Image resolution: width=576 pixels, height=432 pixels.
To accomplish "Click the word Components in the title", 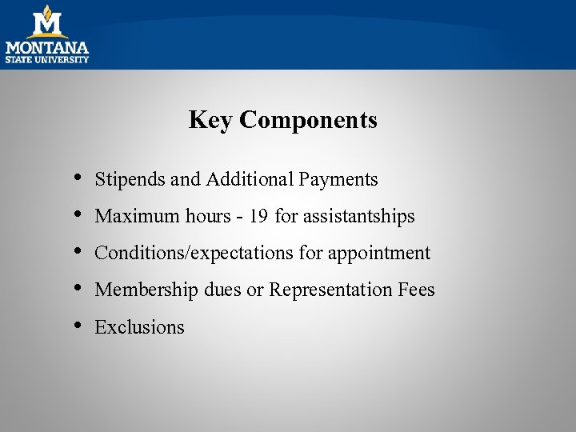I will (308, 121).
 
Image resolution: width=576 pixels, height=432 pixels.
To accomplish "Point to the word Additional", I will (250, 179).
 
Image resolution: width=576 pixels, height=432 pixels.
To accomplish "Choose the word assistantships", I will (358, 217).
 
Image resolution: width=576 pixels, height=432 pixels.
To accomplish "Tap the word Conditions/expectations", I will (194, 254).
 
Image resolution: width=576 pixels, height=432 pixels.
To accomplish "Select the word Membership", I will (146, 290).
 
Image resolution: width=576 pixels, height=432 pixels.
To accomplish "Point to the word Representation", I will (330, 290).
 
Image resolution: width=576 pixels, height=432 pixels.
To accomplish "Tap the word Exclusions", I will (139, 327).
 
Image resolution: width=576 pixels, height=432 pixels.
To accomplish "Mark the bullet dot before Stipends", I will (77, 178).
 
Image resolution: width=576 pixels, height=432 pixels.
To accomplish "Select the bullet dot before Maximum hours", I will (77, 214).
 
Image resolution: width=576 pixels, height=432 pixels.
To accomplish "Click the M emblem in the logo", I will (48, 22).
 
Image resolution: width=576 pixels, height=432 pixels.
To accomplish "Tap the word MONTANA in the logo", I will (47, 47).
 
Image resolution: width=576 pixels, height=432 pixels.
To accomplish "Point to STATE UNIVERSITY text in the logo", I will (47, 59).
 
